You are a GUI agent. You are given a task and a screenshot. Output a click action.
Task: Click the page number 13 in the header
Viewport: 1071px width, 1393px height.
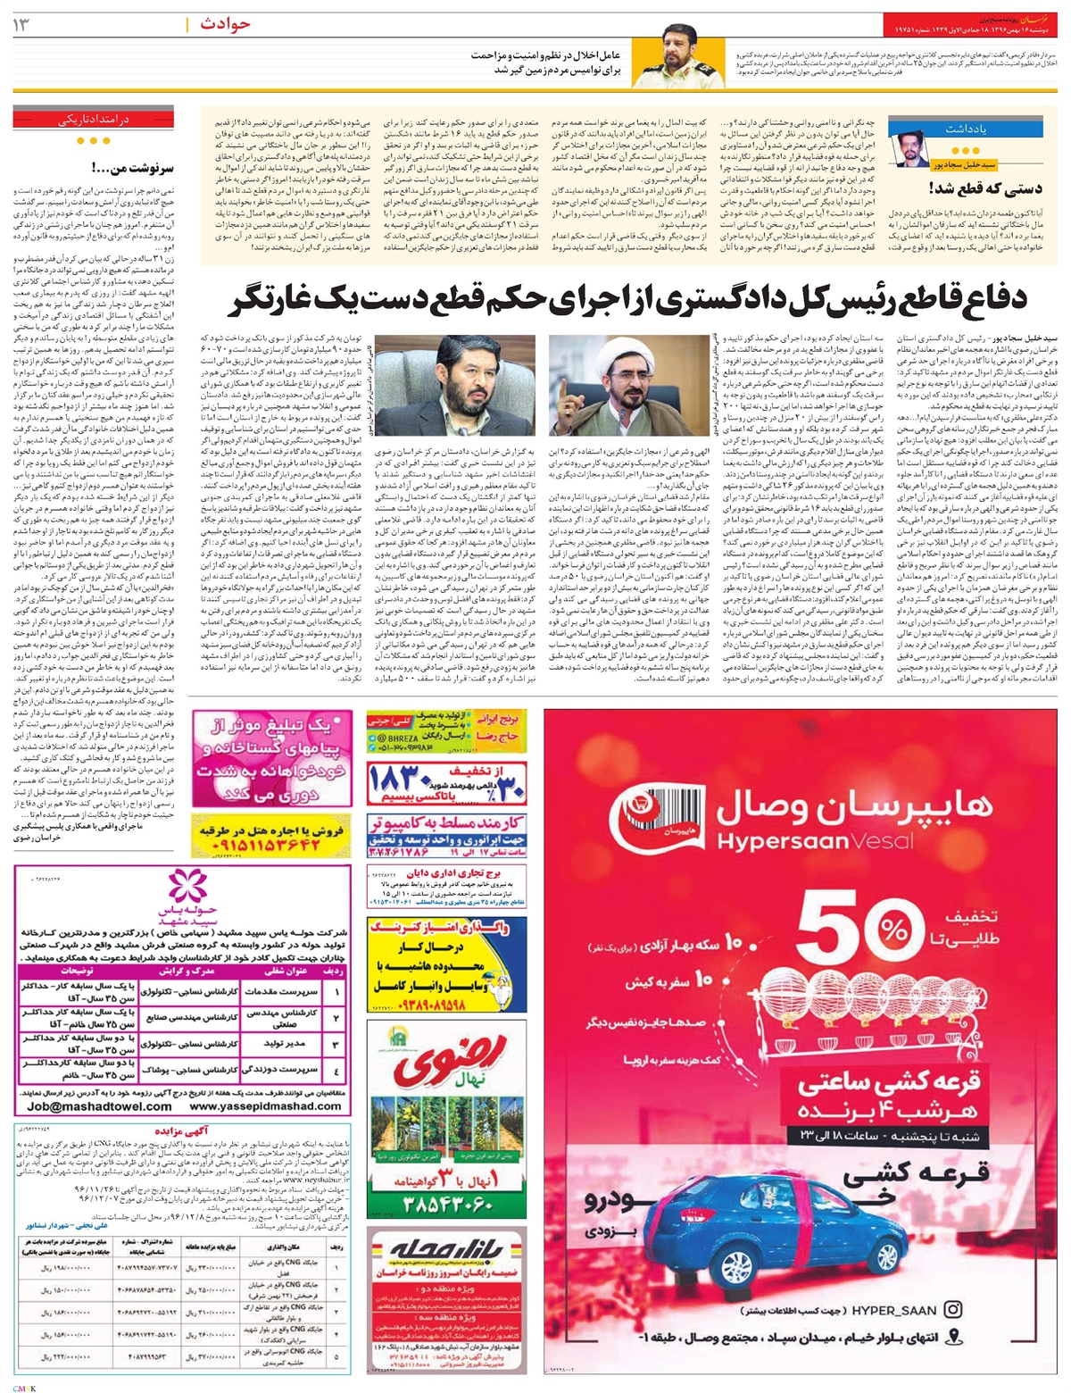(x=21, y=24)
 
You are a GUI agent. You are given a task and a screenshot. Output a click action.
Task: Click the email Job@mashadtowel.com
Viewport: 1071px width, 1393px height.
(x=99, y=1105)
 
